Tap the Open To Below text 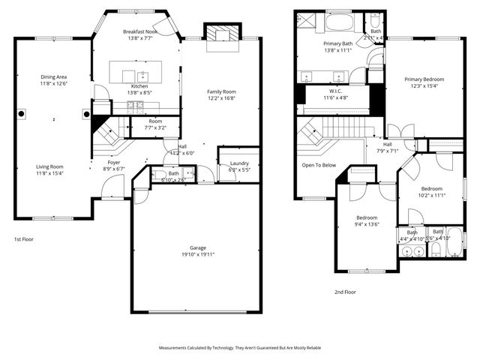[x=319, y=165]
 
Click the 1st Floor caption [x=23, y=239]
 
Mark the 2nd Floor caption [x=345, y=292]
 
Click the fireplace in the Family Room [x=220, y=34]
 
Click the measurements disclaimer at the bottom [x=240, y=348]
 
